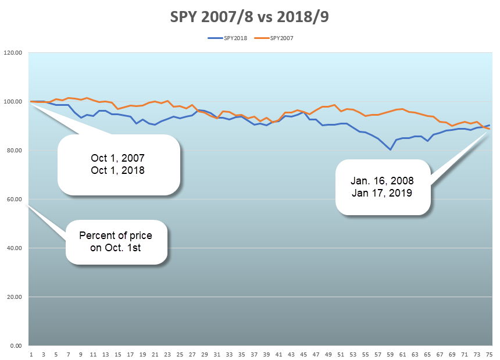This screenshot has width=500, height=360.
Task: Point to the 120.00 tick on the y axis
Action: (x=13, y=53)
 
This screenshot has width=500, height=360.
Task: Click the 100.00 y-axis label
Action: (x=13, y=102)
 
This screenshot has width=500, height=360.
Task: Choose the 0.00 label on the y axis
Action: (x=16, y=346)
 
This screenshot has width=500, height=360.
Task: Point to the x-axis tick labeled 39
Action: (x=266, y=354)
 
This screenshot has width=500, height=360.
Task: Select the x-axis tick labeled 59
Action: (x=389, y=354)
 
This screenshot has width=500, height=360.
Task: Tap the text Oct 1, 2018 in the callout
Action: (x=118, y=171)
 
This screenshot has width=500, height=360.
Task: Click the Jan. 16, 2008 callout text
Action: (x=383, y=181)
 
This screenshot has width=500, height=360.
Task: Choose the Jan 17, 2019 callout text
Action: (x=383, y=193)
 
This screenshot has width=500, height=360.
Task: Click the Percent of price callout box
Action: (x=116, y=242)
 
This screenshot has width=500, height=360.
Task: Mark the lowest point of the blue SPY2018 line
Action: (x=390, y=149)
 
